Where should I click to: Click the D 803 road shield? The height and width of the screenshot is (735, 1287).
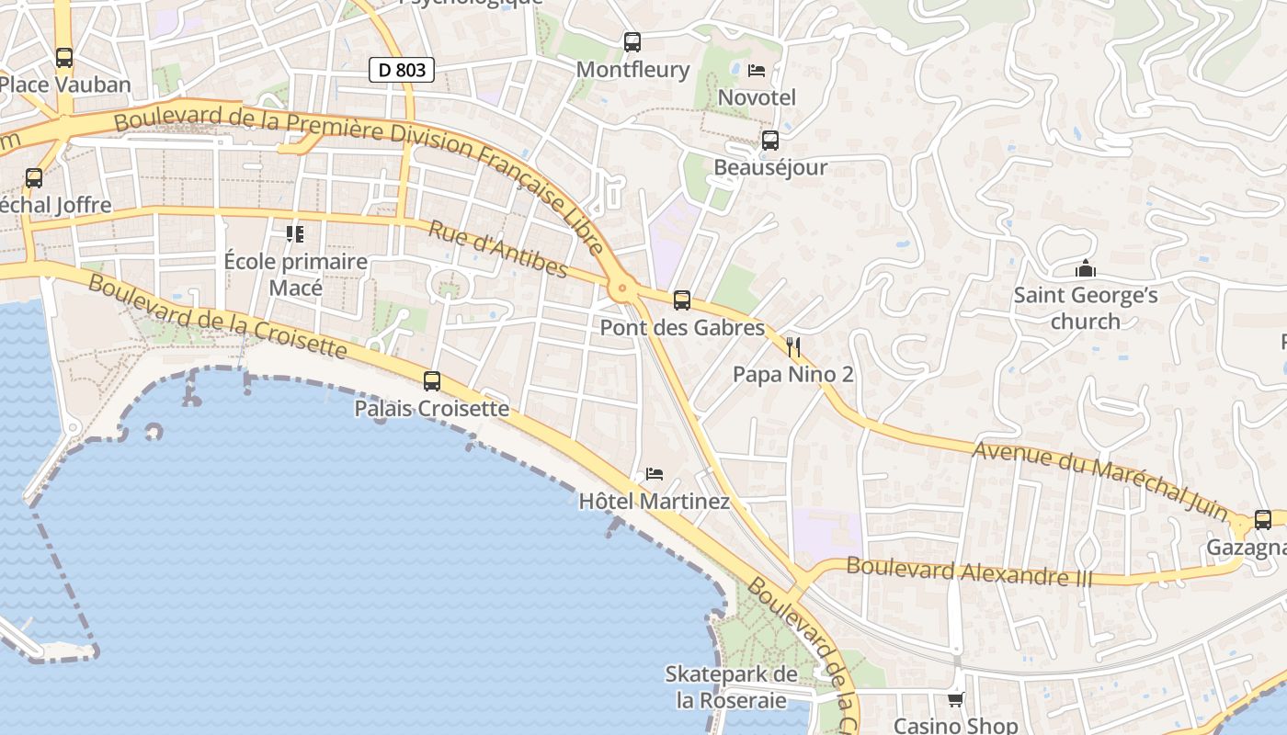[402, 70]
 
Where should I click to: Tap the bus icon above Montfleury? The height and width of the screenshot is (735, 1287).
[632, 41]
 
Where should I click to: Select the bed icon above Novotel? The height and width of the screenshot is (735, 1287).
[757, 70]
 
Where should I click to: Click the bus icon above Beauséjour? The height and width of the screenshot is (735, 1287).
[770, 141]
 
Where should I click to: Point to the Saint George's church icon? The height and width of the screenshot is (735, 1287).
[1086, 269]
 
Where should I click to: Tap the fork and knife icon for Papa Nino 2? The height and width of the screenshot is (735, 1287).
[793, 347]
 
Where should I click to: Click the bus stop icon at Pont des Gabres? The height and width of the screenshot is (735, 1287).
[682, 300]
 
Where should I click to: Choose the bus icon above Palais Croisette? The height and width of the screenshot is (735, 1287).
[432, 380]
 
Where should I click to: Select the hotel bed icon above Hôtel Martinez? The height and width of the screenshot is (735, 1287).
[655, 474]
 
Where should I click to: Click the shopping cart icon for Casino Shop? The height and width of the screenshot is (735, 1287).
[956, 700]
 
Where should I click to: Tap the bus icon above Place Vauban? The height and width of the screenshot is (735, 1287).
[64, 57]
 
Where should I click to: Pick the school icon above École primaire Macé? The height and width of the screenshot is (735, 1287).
[295, 234]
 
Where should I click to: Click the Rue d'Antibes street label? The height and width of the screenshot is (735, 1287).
[497, 248]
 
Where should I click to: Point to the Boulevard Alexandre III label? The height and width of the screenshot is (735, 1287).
[970, 571]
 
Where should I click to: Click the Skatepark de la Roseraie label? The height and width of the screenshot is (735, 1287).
[732, 686]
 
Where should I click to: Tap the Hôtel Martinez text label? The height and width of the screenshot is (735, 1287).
[655, 502]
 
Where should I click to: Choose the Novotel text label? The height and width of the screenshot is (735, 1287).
[757, 97]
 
